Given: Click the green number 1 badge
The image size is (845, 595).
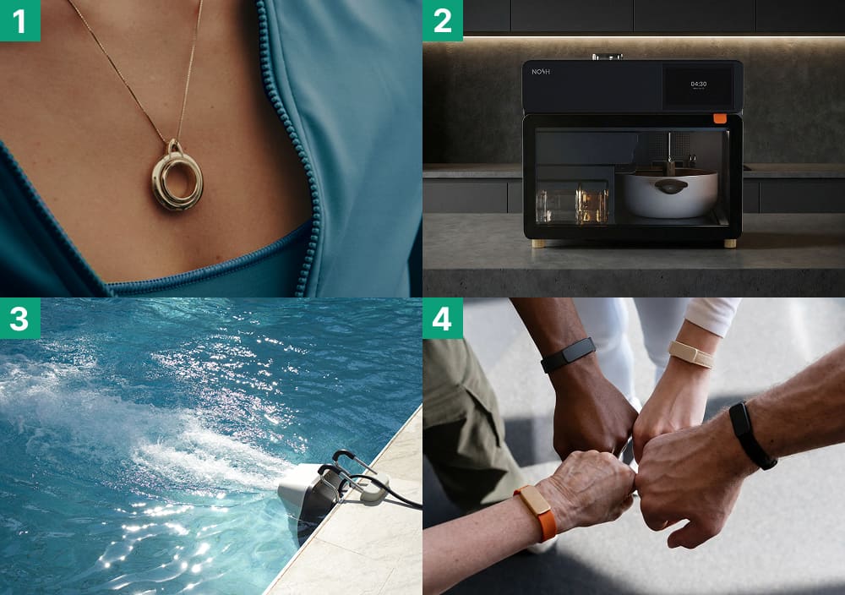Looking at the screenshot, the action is (20, 20).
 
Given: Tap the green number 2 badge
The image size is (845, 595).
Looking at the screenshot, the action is (443, 20).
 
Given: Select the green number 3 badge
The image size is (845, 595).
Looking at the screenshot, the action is (20, 319).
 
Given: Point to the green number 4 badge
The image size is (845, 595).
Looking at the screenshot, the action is (443, 319).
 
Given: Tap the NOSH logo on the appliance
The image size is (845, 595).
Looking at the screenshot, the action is (541, 72).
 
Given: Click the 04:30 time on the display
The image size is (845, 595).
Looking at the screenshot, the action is (699, 84).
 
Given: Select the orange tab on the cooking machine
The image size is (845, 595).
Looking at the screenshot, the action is (719, 118).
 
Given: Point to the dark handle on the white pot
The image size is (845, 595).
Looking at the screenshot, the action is (670, 187).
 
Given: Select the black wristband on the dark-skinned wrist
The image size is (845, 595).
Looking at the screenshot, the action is (568, 355).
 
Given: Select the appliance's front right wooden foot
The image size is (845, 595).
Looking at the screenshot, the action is (730, 243).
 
